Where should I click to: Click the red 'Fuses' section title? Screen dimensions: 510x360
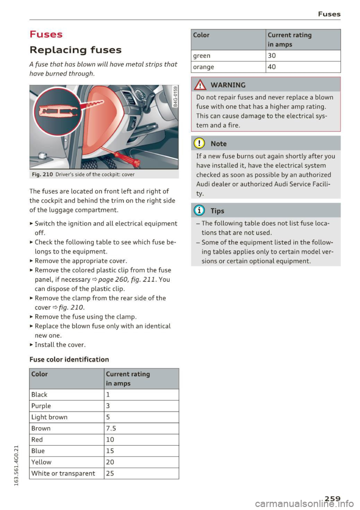click(x=46, y=34)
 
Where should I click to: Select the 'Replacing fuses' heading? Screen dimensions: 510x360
click(x=75, y=50)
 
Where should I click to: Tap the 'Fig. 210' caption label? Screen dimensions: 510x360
click(x=42, y=174)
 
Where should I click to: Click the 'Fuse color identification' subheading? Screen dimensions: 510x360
click(x=69, y=359)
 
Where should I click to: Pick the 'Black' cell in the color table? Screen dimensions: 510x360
click(x=39, y=395)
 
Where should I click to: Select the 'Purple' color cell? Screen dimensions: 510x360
click(x=41, y=406)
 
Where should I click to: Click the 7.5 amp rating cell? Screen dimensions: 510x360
click(x=111, y=428)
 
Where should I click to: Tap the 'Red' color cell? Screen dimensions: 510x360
click(x=37, y=440)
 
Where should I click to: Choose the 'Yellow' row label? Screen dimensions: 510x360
click(x=41, y=462)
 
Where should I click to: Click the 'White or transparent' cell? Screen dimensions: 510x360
click(x=63, y=473)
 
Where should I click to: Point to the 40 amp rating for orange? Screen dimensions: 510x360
click(x=272, y=67)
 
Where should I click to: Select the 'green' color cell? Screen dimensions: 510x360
click(x=202, y=55)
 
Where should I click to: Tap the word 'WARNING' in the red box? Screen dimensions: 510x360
click(x=228, y=85)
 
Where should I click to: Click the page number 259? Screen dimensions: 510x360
click(x=333, y=498)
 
